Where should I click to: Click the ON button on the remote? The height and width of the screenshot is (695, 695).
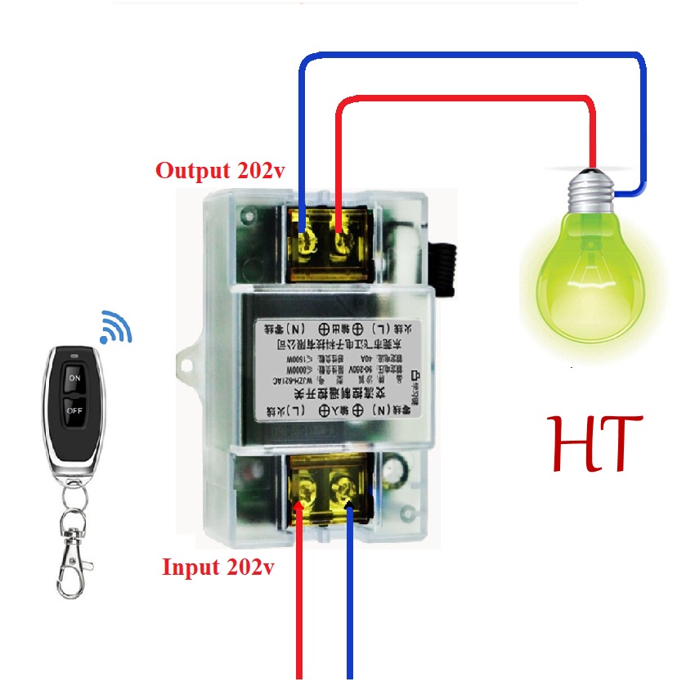pos(74,379)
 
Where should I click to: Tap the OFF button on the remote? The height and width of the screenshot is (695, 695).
pos(74,410)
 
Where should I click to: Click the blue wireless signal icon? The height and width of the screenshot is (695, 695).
pos(115,328)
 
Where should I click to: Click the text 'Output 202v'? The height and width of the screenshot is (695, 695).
pos(213,172)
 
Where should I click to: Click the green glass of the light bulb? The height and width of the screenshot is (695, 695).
pos(583,271)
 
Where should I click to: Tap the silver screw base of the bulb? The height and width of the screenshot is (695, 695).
pos(590,191)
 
